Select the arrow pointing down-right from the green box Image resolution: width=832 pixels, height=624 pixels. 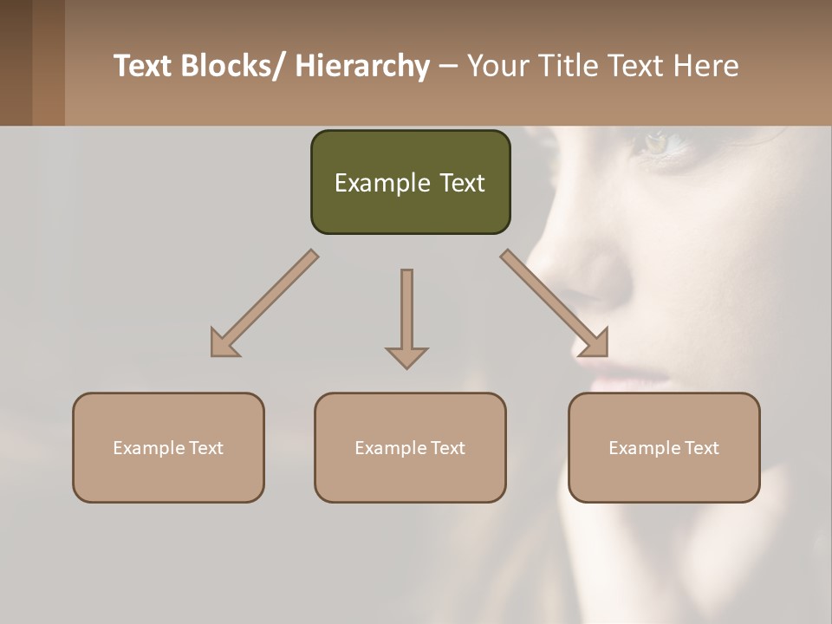tap(556, 304)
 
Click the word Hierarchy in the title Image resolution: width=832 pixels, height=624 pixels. tap(362, 66)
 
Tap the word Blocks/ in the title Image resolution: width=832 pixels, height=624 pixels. tap(231, 66)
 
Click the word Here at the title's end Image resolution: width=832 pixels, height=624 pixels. tap(706, 66)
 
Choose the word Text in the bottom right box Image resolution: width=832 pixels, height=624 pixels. tap(701, 448)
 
